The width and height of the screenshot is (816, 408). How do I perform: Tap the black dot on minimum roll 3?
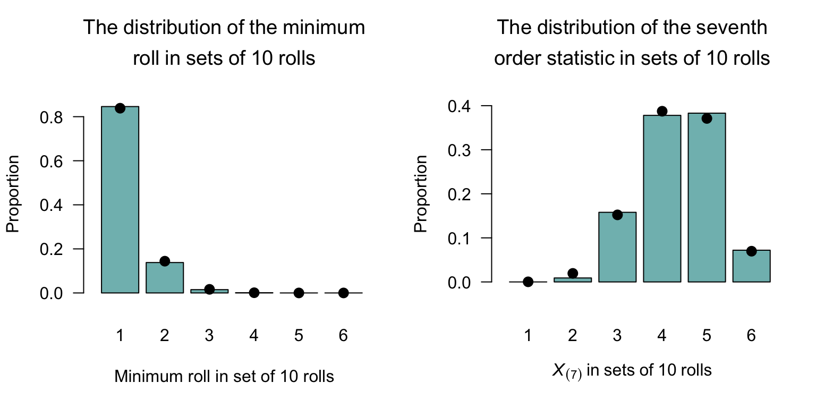tap(209, 290)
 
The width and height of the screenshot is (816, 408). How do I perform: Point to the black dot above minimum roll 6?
tap(344, 293)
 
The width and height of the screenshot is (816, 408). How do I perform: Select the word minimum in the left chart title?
tap(329, 28)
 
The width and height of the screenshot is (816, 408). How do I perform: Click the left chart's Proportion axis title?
tap(13, 194)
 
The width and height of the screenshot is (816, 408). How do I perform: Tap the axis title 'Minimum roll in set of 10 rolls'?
tap(224, 377)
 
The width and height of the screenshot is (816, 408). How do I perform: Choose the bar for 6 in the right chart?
tap(751, 266)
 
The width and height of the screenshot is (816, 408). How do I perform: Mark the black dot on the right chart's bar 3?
tap(617, 215)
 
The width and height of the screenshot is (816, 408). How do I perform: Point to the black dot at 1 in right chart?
tap(528, 282)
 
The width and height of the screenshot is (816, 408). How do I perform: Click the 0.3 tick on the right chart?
tap(458, 150)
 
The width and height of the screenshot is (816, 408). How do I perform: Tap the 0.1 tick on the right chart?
tap(458, 238)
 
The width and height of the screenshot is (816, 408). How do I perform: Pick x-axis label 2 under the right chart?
tap(573, 336)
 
